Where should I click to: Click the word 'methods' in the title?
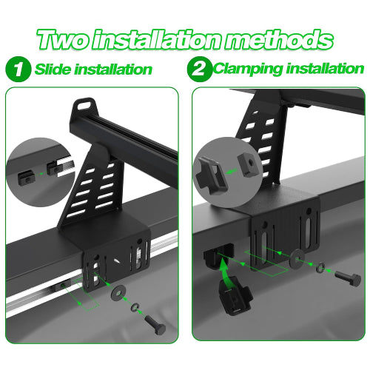[279, 39]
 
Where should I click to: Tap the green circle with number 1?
[18, 69]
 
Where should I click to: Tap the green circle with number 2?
[199, 69]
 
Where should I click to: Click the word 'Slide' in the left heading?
[53, 69]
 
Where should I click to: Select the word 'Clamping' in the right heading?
[247, 69]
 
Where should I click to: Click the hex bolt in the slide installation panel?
[155, 325]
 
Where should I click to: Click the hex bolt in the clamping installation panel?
[348, 278]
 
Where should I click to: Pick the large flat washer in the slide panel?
[118, 292]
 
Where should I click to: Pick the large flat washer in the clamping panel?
[297, 258]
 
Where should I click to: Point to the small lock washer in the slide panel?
[135, 307]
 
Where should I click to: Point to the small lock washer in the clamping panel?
[320, 267]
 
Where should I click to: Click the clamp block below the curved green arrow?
[235, 299]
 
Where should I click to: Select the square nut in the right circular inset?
[248, 165]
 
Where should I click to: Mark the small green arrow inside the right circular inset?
[232, 171]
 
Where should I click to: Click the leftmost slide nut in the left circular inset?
[25, 178]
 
